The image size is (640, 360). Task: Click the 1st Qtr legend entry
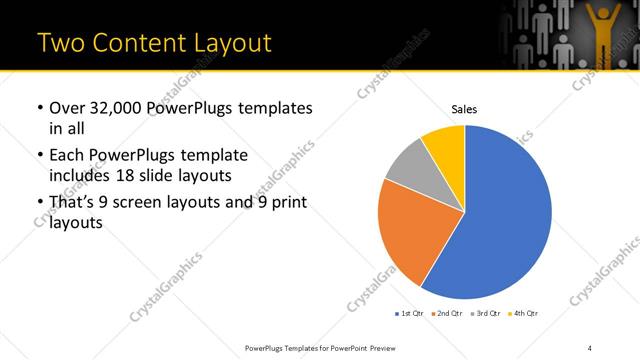(x=411, y=314)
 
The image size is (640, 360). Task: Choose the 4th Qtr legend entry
(x=525, y=314)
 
